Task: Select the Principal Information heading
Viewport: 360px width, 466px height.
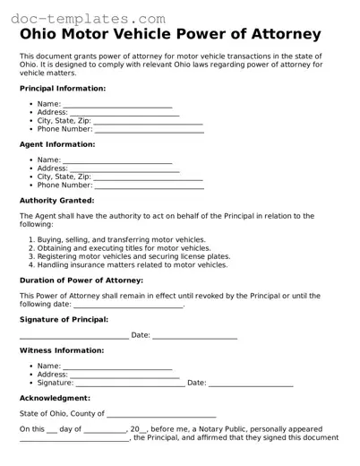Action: point(63,89)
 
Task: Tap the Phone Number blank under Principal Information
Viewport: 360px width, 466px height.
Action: point(149,129)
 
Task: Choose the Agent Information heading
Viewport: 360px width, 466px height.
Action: point(56,144)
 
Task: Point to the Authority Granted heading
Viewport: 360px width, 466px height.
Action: point(56,200)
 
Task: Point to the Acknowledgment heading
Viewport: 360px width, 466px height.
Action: point(55,398)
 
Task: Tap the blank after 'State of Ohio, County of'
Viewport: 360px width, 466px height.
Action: point(161,414)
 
